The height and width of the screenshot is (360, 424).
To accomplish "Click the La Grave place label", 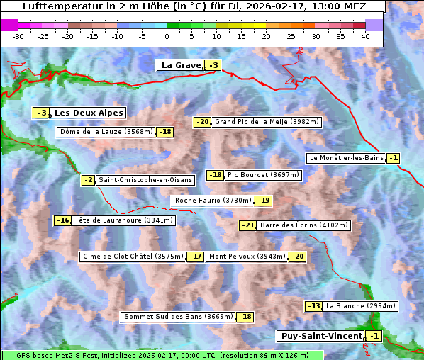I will click(x=181, y=65).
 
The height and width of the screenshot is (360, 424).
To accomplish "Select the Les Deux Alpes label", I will click(x=89, y=113).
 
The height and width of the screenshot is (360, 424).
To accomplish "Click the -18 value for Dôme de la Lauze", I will click(x=165, y=132).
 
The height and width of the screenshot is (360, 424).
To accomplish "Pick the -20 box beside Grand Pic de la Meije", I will click(x=203, y=122).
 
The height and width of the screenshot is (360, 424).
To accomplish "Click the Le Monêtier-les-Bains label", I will click(x=345, y=158).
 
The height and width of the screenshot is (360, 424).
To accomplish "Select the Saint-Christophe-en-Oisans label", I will click(x=145, y=180).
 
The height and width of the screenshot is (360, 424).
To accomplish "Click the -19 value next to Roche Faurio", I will click(x=264, y=201).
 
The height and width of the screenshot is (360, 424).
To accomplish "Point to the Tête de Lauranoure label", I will click(x=123, y=220).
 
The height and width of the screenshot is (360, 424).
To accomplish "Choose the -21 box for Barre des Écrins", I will click(x=248, y=225).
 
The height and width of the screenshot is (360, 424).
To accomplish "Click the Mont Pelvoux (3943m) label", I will click(x=247, y=257).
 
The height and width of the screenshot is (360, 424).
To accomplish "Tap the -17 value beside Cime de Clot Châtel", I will click(x=196, y=257).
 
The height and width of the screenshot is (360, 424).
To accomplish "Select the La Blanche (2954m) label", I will click(x=361, y=306).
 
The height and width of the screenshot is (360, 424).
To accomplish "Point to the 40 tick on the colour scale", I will click(x=365, y=36).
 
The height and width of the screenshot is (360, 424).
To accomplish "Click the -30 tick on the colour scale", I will click(x=18, y=36).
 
